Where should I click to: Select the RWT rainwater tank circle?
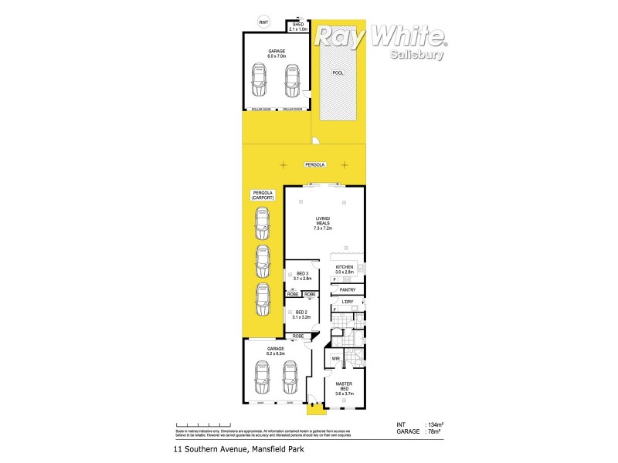pyautogui.click(x=264, y=22)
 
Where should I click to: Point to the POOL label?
pyautogui.click(x=337, y=73)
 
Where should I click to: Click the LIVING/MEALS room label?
pyautogui.click(x=322, y=223)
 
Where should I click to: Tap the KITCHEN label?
pyautogui.click(x=344, y=269)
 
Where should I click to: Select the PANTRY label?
pyautogui.click(x=347, y=289)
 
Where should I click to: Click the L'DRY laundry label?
pyautogui.click(x=347, y=301)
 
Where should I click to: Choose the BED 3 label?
pyautogui.click(x=302, y=276)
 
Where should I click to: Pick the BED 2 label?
pyautogui.click(x=302, y=315)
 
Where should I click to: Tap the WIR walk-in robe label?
pyautogui.click(x=337, y=359)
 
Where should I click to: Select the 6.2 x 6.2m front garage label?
pyautogui.click(x=276, y=352)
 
